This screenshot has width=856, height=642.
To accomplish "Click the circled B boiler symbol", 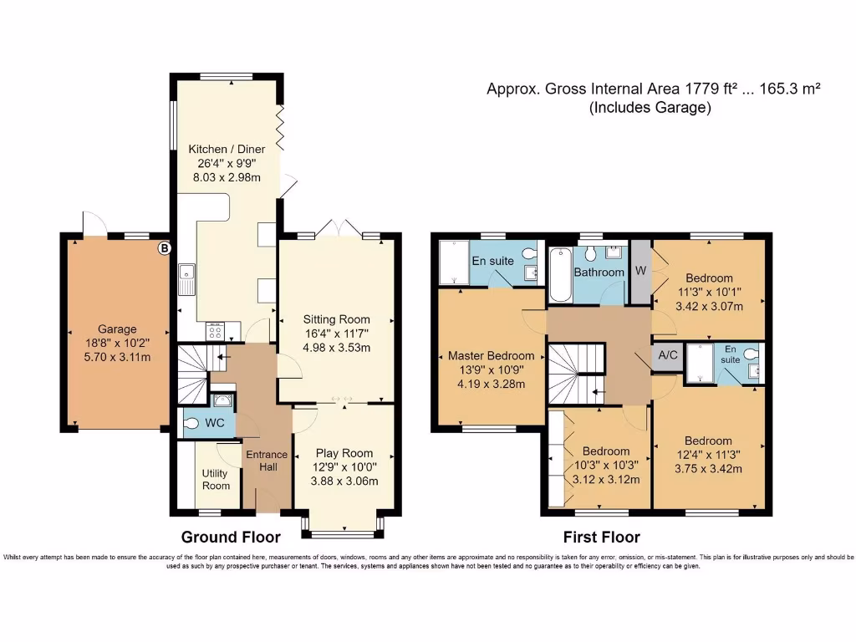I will tap(165, 247).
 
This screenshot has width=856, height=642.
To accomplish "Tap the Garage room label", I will tap(116, 329).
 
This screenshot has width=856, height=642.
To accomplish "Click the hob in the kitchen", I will tap(213, 331).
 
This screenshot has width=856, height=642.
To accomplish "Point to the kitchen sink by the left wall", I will tap(186, 279).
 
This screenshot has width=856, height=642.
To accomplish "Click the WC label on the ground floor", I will tap(215, 423).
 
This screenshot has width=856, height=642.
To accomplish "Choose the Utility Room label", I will tap(216, 479).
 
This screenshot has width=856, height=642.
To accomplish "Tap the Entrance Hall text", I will tap(267, 461).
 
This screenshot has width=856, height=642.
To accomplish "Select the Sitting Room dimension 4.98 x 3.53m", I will tap(336, 348).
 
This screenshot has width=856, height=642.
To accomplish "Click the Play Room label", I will tap(344, 454).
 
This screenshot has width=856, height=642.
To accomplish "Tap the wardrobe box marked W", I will tap(640, 270).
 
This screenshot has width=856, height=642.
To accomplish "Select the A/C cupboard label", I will tap(668, 354).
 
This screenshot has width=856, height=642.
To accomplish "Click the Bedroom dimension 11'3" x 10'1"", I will tap(709, 293).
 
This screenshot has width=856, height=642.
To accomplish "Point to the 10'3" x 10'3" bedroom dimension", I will tap(608, 465).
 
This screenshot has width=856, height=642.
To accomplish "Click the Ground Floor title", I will tap(231, 537).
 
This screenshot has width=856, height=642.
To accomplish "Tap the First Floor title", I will tap(602, 537).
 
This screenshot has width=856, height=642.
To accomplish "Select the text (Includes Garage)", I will tap(650, 108).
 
